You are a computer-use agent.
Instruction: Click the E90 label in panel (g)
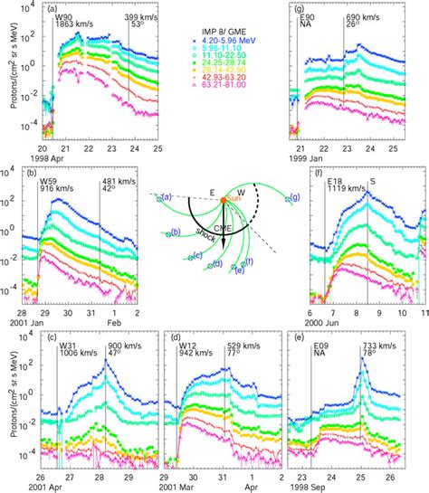pyautogui.click(x=307, y=17)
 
